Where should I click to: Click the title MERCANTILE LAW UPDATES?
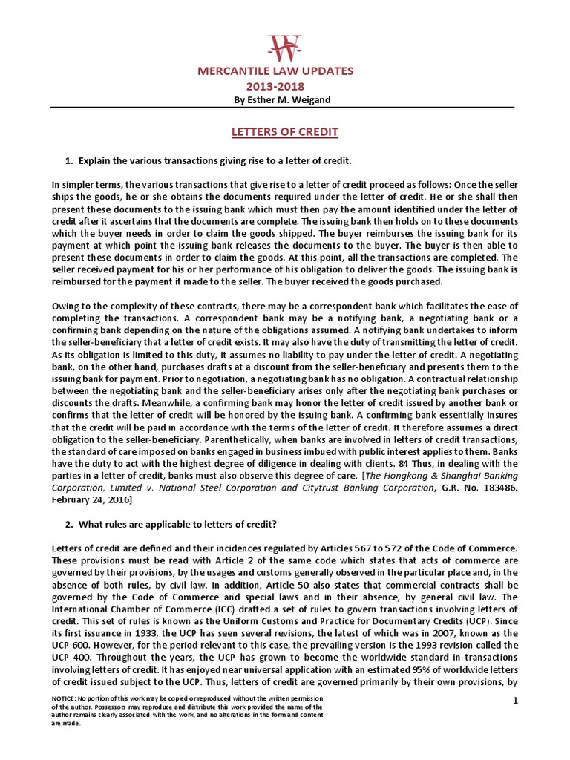click(x=285, y=71)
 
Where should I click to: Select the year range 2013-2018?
click(x=285, y=86)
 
